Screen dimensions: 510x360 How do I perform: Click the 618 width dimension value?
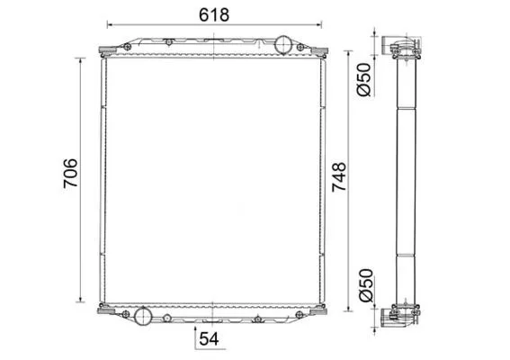point(214,15)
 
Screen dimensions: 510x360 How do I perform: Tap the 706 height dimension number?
point(70,173)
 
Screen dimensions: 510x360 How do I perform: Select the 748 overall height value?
point(339,176)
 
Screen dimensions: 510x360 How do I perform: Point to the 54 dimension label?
point(209,338)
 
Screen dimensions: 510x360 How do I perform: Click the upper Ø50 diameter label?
point(363,80)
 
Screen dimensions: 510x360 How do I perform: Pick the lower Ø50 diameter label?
point(365,285)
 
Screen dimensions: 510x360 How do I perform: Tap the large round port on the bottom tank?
point(143,315)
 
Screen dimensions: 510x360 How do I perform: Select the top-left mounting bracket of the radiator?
point(108,50)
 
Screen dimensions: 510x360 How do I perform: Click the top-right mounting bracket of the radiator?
point(319,50)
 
